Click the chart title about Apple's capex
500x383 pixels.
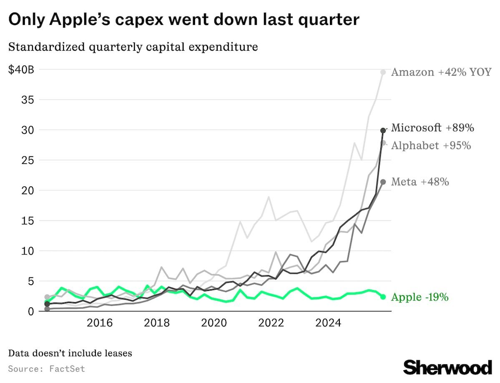[x=184, y=20]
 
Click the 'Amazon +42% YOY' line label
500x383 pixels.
[x=441, y=72]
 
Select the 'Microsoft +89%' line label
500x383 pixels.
[x=432, y=128]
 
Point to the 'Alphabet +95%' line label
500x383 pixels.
[x=431, y=145]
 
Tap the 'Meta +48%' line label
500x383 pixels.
[x=420, y=182]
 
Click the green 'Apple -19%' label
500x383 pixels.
[x=420, y=297]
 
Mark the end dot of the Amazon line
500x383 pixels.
[x=383, y=73]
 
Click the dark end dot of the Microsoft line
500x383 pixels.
[x=383, y=130]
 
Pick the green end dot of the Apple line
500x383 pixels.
[x=383, y=297]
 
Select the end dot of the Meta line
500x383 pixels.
[x=383, y=182]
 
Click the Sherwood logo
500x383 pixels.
[x=447, y=367]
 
